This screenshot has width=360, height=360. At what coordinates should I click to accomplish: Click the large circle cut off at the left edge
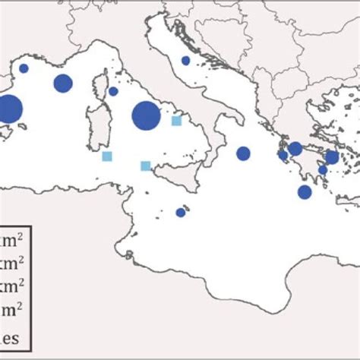(9, 110)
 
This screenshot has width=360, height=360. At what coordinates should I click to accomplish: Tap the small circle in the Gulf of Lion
(24, 68)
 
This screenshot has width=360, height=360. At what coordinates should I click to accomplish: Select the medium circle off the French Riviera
(62, 84)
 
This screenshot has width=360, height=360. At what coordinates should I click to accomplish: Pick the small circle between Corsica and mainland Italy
(113, 91)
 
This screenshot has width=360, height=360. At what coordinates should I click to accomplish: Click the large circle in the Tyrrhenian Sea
(146, 116)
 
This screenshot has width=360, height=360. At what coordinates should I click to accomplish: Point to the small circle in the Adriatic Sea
(185, 61)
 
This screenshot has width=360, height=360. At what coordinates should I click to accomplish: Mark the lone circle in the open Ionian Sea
(243, 153)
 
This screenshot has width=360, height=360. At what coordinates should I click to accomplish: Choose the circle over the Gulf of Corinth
(295, 149)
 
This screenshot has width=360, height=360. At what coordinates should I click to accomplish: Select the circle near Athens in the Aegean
(332, 157)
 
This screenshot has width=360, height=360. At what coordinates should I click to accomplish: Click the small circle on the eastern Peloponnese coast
(322, 169)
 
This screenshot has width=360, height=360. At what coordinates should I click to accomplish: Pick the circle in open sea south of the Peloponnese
(305, 192)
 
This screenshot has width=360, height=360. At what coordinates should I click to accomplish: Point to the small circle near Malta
(181, 213)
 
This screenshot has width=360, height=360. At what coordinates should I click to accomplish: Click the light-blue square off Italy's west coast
(177, 120)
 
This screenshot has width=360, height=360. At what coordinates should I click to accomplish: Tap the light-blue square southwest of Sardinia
(107, 156)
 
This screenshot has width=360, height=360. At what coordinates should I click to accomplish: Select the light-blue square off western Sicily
(145, 166)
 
